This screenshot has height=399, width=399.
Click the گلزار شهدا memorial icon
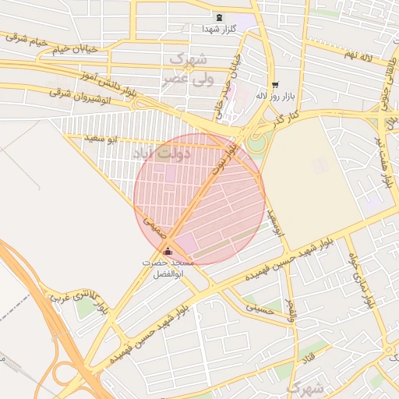(219, 17)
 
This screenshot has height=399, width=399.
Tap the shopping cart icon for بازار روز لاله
(274, 84)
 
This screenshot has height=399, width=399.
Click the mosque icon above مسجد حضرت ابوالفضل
(168, 251)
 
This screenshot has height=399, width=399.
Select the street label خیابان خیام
(75, 49)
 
